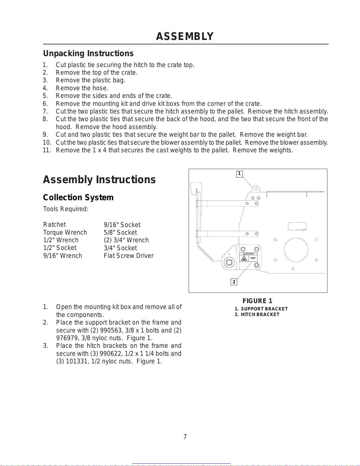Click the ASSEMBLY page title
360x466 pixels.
185,36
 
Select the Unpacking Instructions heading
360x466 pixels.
88,54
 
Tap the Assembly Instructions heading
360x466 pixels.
99,180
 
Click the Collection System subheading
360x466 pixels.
78,197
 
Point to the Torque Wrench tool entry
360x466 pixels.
65,232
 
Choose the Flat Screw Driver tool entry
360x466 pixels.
128,255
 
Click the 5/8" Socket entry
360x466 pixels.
120,232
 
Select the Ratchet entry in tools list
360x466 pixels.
54,225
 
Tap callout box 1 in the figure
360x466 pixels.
239,174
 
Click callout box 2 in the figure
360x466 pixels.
234,282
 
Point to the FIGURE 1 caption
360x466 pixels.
257,301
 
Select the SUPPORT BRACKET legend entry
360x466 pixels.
264,309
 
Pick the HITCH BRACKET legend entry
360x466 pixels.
260,314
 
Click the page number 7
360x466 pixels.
185,437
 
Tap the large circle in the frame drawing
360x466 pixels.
296,250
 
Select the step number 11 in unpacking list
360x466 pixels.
47,150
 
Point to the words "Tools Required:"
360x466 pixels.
66,209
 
